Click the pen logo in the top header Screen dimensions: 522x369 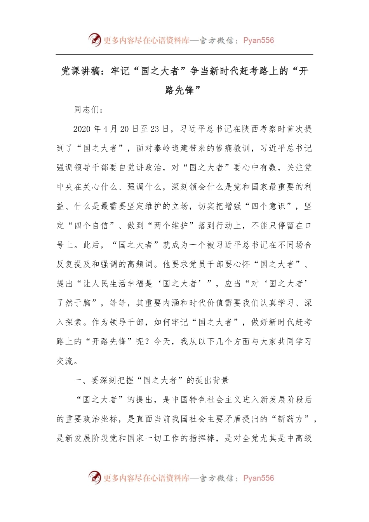[94, 40]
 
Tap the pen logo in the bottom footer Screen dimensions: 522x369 [94, 477]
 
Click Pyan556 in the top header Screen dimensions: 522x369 [258, 40]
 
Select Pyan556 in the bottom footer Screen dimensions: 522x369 [258, 478]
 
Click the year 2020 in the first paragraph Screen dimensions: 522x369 [82, 129]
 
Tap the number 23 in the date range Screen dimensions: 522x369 [155, 129]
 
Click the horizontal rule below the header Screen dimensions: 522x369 [184, 54]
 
